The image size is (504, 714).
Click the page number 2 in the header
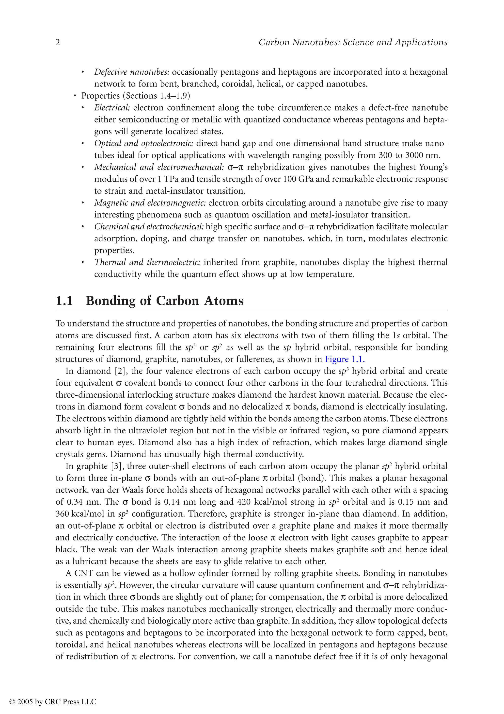point(58,43)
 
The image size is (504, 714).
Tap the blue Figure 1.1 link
point(344,359)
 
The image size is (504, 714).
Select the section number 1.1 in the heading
point(64,301)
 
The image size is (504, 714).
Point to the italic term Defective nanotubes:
point(132,72)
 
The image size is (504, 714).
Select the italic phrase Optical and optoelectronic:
point(144,143)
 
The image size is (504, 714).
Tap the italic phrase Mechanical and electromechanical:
point(159,167)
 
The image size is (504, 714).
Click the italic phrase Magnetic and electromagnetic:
point(150,203)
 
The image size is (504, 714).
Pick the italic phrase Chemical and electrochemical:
point(149,227)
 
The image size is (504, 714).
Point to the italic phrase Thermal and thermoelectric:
point(147,262)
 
